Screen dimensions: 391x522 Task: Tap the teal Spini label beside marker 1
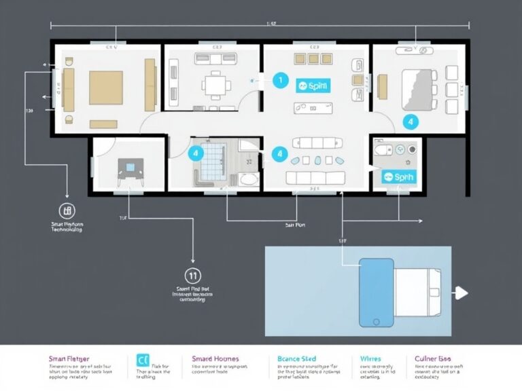[313, 86]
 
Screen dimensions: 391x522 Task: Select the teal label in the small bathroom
[398, 176]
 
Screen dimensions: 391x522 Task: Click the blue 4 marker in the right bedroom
[409, 122]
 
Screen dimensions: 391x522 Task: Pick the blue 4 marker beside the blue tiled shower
[196, 153]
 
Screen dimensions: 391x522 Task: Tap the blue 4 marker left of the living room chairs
[279, 154]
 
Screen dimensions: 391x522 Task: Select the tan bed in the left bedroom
[106, 87]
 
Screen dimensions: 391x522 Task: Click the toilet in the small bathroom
[385, 150]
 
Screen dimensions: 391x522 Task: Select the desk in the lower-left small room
[129, 167]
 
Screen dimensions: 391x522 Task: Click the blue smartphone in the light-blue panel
[376, 293]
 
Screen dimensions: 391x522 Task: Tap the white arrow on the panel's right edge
[462, 293]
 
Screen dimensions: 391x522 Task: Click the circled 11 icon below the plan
[193, 276]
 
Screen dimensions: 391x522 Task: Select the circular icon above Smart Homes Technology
[66, 210]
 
